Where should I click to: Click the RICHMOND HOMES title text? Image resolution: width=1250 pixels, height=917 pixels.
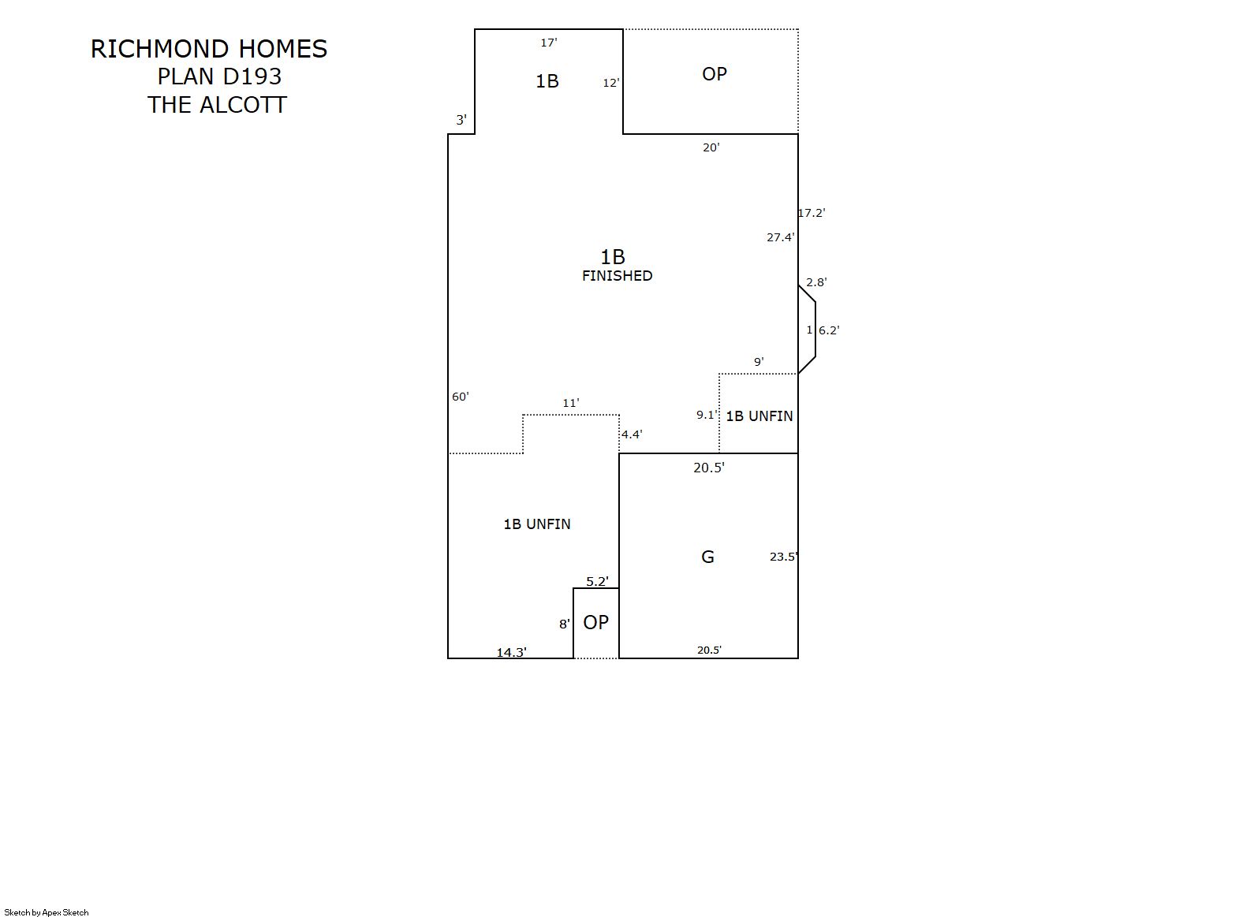click(209, 49)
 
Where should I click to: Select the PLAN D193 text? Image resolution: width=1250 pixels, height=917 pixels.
click(219, 76)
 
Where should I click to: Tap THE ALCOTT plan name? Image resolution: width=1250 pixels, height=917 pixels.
click(217, 105)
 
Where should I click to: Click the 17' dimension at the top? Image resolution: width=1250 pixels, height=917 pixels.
click(549, 43)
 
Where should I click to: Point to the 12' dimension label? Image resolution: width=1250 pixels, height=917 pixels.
click(611, 83)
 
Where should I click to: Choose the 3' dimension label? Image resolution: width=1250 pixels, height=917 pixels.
click(461, 119)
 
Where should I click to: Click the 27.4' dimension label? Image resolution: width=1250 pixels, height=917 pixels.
click(780, 237)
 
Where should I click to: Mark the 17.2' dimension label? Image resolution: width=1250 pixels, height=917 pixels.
click(812, 213)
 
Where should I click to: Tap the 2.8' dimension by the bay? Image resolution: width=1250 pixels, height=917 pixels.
click(816, 282)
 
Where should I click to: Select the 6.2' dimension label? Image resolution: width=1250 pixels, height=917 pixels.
click(829, 330)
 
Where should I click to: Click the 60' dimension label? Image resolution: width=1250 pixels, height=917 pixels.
click(461, 397)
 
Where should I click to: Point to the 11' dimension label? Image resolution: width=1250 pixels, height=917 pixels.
click(571, 403)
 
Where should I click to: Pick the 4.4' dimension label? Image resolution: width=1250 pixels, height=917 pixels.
click(632, 434)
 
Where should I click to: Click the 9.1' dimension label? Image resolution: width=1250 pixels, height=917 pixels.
click(707, 415)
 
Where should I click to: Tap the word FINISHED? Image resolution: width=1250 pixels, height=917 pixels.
click(618, 275)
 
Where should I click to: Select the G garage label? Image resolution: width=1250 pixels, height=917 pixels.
click(707, 557)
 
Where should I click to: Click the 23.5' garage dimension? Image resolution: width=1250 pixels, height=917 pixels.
click(783, 556)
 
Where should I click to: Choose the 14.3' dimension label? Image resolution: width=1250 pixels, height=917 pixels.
click(512, 652)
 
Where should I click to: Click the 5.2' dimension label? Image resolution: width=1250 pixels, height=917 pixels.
click(597, 581)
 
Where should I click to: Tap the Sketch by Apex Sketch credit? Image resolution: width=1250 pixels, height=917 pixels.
click(47, 912)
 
